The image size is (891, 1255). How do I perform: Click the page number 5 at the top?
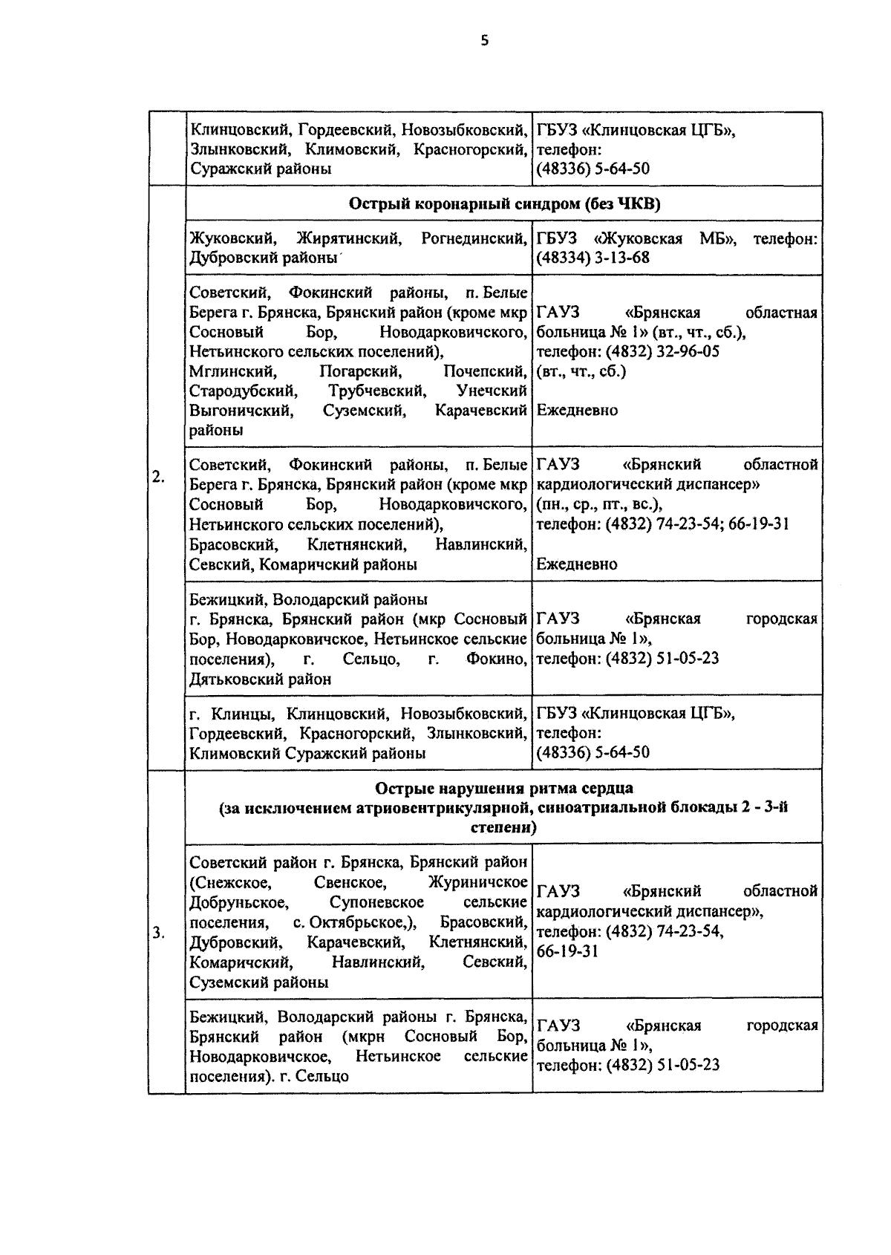click(485, 42)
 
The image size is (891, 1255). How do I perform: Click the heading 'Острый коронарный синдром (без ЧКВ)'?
click(503, 205)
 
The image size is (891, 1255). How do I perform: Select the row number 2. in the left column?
click(158, 477)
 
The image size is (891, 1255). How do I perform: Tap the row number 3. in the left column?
click(158, 933)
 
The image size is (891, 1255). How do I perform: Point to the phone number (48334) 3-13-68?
click(593, 258)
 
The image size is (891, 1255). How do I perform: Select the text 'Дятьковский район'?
click(261, 679)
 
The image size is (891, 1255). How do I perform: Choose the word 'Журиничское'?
click(478, 882)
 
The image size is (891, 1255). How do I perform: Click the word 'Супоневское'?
click(376, 902)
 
